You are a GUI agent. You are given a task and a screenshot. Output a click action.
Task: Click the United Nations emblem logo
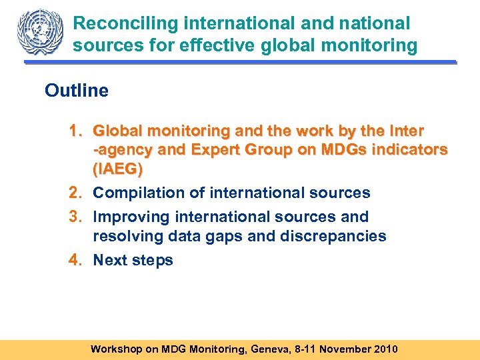(x=39, y=31)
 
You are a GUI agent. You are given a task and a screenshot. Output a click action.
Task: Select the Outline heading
(x=77, y=91)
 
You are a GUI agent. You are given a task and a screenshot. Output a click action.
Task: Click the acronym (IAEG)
(x=118, y=169)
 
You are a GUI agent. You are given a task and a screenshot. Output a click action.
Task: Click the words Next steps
(x=133, y=261)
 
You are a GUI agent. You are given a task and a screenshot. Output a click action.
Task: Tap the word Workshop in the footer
(x=116, y=349)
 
